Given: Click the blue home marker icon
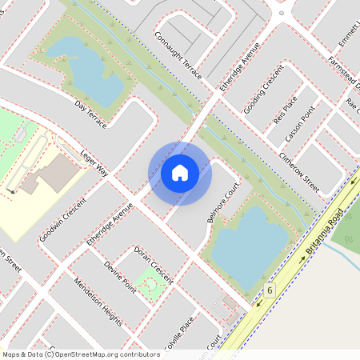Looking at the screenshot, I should tap(180, 172).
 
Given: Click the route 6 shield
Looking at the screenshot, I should tap(270, 290).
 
